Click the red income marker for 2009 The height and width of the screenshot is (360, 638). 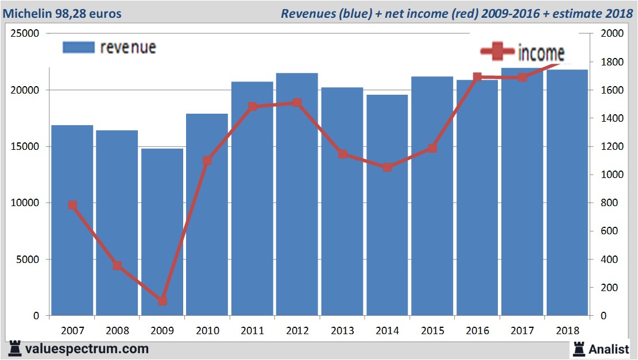tap(163, 301)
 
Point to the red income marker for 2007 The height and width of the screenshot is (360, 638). tap(72, 205)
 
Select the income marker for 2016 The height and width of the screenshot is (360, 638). tap(477, 77)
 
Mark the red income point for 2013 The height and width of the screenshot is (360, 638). tap(342, 154)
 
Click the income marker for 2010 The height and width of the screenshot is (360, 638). tap(207, 161)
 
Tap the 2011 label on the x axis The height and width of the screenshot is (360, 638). tap(252, 331)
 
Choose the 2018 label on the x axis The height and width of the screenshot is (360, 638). tap(567, 331)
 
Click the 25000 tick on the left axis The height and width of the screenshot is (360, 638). tap(25, 33)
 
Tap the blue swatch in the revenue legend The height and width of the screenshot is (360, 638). tap(78, 47)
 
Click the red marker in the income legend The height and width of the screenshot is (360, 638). tap(497, 52)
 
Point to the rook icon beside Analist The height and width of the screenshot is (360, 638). tap(578, 349)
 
